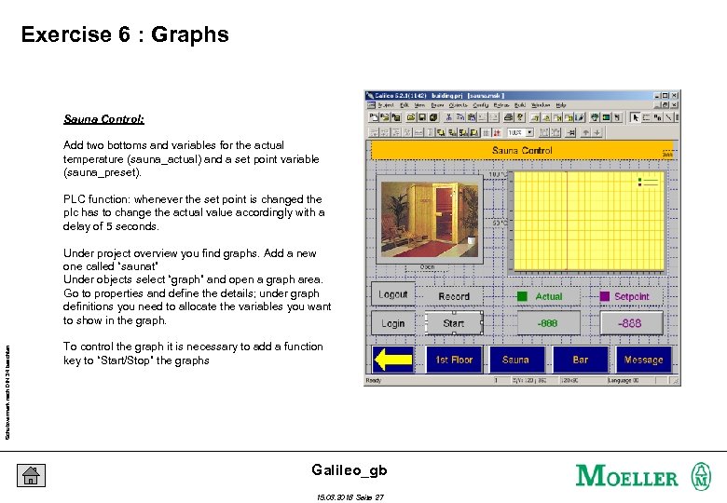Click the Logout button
click(393, 294)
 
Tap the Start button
click(454, 323)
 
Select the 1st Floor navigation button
click(454, 360)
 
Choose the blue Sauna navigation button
click(515, 360)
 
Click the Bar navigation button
click(580, 360)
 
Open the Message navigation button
click(643, 360)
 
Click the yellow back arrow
click(393, 360)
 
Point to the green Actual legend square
click(523, 296)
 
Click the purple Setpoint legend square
click(604, 296)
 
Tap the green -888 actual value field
click(548, 323)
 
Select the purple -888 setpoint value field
click(630, 323)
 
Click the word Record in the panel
click(454, 296)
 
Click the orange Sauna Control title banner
click(522, 150)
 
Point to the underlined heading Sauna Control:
click(103, 119)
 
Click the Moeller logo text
click(627, 476)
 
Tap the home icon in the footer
click(31, 475)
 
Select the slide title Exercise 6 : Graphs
click(125, 35)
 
